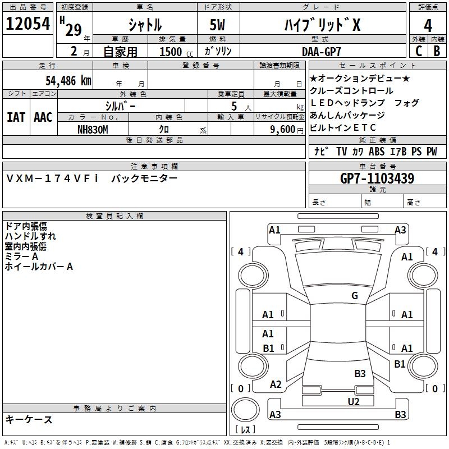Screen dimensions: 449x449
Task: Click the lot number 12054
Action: pos(28,24)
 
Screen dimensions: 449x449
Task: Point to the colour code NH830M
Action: pos(93,129)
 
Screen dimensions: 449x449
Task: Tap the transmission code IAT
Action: pos(16,117)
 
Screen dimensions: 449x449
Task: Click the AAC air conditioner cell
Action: pos(43,117)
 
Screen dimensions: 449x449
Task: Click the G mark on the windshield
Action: pos(355,296)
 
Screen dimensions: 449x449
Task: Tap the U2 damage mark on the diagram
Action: pos(354,401)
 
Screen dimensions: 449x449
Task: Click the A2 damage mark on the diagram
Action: pos(276,384)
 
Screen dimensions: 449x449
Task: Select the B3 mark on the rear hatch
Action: pos(360,373)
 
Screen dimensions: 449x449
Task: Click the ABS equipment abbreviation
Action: pos(377,152)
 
